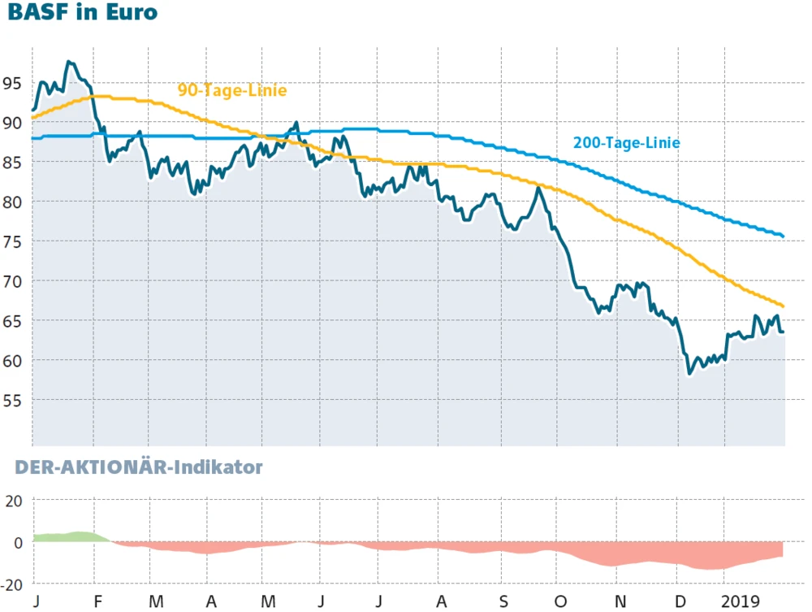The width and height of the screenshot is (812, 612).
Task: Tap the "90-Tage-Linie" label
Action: coord(232,90)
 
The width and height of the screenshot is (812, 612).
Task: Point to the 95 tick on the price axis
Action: coord(12,83)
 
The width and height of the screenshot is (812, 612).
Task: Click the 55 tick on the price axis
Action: coord(12,400)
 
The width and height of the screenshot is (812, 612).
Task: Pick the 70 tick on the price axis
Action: coord(12,281)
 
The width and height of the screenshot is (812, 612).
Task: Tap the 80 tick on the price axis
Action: coord(12,202)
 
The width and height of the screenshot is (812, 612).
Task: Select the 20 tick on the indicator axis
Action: coord(15,501)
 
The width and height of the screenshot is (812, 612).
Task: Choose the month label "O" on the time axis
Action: coord(560,601)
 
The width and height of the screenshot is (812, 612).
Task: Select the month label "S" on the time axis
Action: coord(503,601)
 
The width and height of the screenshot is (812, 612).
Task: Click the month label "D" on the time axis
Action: coord(680,601)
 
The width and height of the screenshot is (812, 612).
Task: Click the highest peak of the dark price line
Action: coord(69,62)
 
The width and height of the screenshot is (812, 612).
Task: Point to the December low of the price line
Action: coord(689,373)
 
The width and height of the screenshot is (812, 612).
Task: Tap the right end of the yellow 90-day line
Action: coord(783,306)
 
